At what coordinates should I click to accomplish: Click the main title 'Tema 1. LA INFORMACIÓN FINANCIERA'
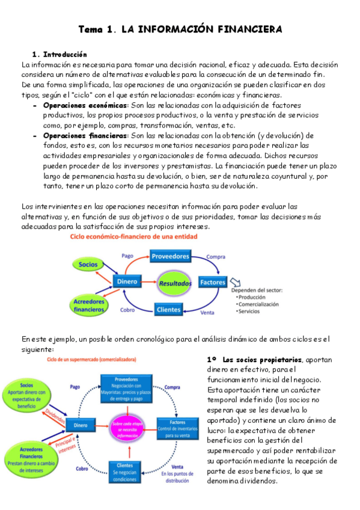pyautogui.click(x=180, y=29)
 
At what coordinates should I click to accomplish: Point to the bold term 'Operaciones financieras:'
pyautogui.click(x=85, y=135)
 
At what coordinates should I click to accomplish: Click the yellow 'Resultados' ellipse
pyautogui.click(x=175, y=282)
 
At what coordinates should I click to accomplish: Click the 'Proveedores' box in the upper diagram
pyautogui.click(x=171, y=256)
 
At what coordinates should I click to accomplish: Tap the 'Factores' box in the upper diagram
pyautogui.click(x=213, y=282)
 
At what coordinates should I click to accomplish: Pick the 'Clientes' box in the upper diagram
pyautogui.click(x=168, y=310)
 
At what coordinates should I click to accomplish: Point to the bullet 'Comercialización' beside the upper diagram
pyautogui.click(x=258, y=304)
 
